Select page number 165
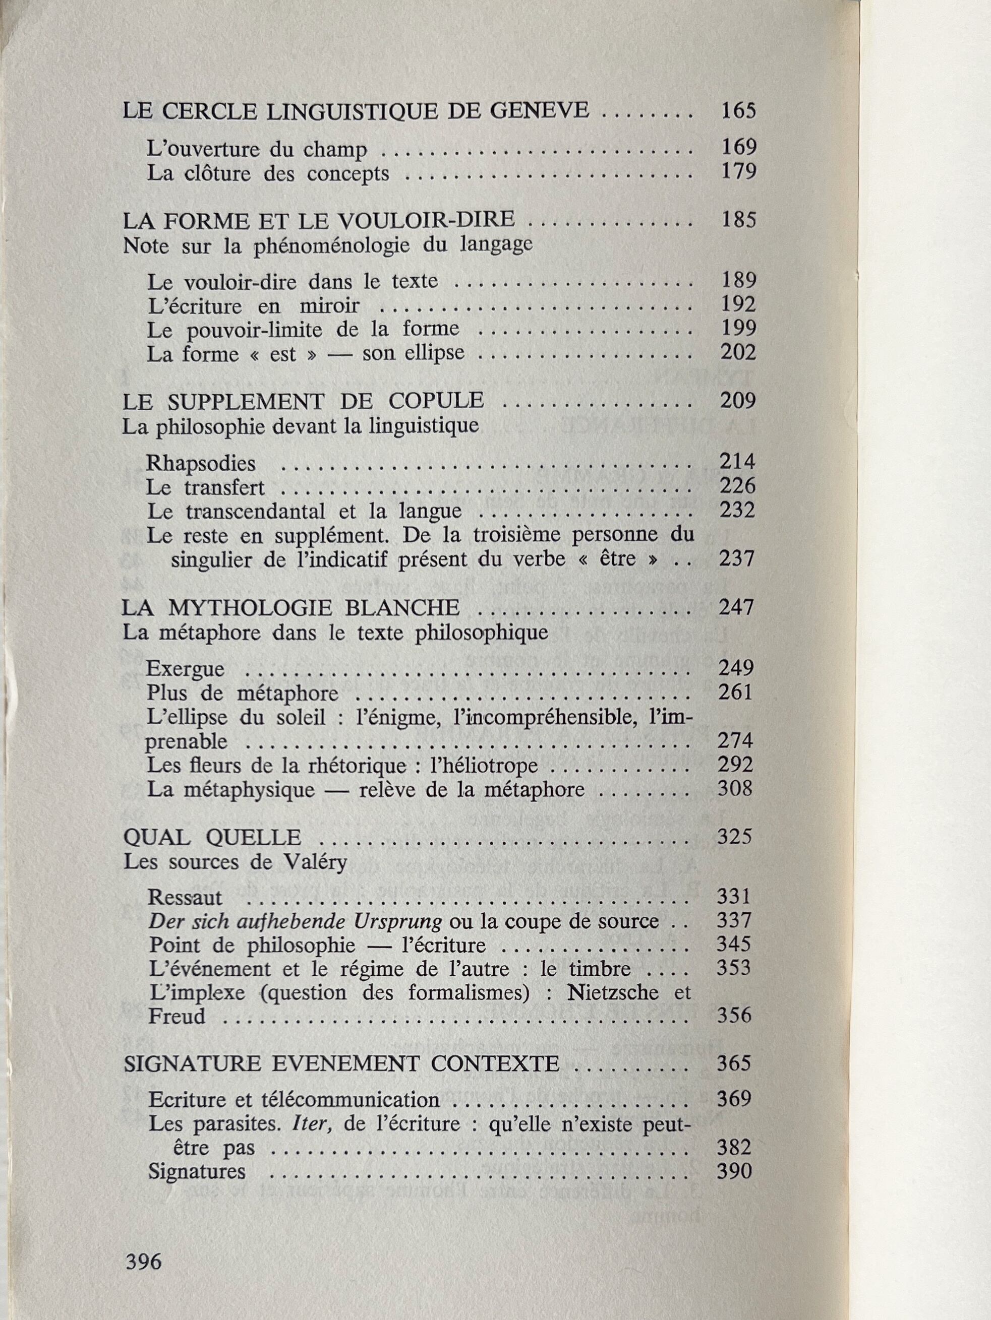(x=738, y=111)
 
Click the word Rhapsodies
(x=192, y=463)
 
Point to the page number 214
(x=737, y=462)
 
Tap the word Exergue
(x=185, y=668)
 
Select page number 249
(x=736, y=668)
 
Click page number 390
(x=734, y=1171)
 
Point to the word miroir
(x=330, y=306)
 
